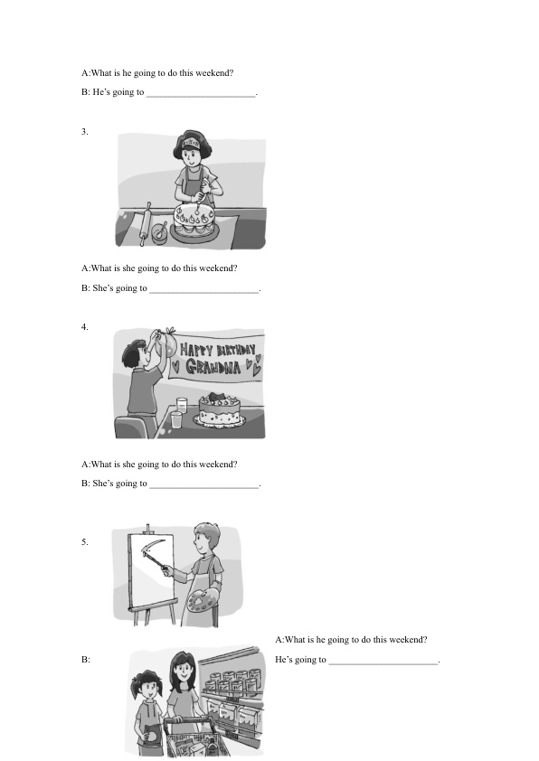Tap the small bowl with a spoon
159,233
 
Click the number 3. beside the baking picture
84,132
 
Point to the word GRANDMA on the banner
213,367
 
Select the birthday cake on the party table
220,410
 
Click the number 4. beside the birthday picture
84,327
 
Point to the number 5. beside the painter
84,542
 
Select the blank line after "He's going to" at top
201,96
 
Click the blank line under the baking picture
204,292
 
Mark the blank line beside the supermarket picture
383,663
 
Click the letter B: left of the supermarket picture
86,660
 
